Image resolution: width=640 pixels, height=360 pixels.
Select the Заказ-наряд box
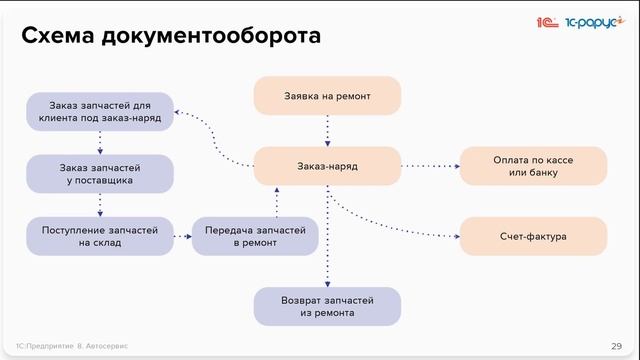(327, 165)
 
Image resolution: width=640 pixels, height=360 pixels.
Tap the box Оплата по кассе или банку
(533, 165)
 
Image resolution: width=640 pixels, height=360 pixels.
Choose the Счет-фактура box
(533, 236)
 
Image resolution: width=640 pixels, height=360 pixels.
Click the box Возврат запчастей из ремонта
(327, 306)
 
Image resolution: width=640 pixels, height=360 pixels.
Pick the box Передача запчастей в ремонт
(255, 236)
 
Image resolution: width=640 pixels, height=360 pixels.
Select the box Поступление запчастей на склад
(100, 236)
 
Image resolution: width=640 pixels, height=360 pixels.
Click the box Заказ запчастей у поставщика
(100, 173)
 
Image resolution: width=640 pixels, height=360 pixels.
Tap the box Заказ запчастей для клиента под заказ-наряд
(100, 110)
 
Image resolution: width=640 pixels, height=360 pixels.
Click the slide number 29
(616, 345)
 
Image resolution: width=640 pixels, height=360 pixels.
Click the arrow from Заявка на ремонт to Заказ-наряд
(327, 130)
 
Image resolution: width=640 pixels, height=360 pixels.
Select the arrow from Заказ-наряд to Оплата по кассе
(429, 165)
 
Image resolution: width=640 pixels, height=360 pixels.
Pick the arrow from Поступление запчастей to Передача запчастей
(181, 236)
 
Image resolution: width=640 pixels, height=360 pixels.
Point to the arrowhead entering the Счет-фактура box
(454, 236)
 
